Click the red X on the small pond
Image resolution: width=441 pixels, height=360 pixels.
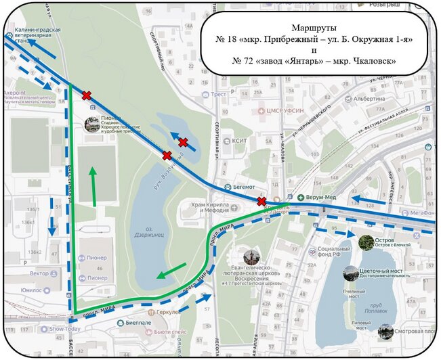pos(183,142)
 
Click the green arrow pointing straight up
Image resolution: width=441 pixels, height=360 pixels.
pos(92,185)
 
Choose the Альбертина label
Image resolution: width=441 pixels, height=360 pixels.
pos(389,98)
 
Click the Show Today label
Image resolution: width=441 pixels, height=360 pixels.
pos(65,330)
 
